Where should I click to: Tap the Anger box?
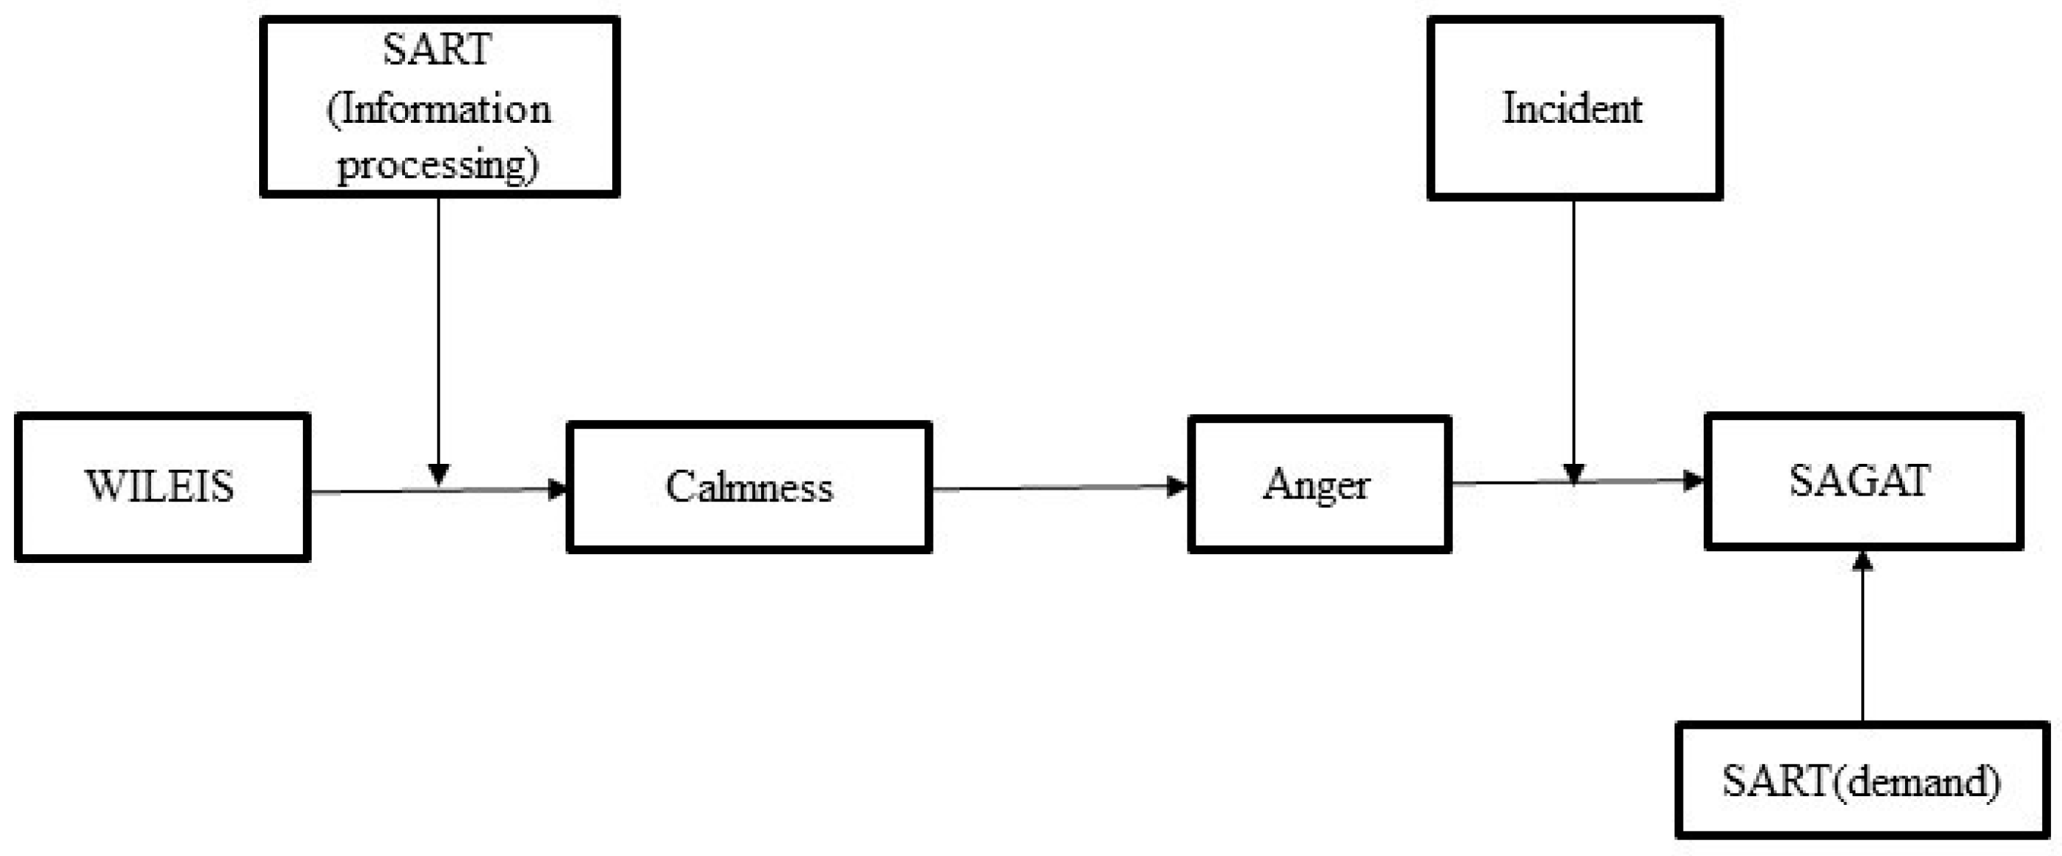coord(1319,484)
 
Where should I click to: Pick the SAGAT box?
coord(1864,481)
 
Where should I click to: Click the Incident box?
coord(1575,108)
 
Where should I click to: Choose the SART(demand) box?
coord(1862,780)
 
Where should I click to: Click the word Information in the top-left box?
coord(440,109)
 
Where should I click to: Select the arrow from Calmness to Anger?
coord(1057,488)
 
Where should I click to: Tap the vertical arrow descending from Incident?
coord(1574,336)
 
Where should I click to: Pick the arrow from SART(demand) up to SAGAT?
coord(1863,640)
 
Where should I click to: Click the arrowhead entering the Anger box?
coord(1177,485)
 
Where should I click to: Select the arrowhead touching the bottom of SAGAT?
coord(1863,561)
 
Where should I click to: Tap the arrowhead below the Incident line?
coord(1574,474)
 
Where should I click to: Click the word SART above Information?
coord(437,50)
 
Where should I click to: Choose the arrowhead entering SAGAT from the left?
coord(1694,480)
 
